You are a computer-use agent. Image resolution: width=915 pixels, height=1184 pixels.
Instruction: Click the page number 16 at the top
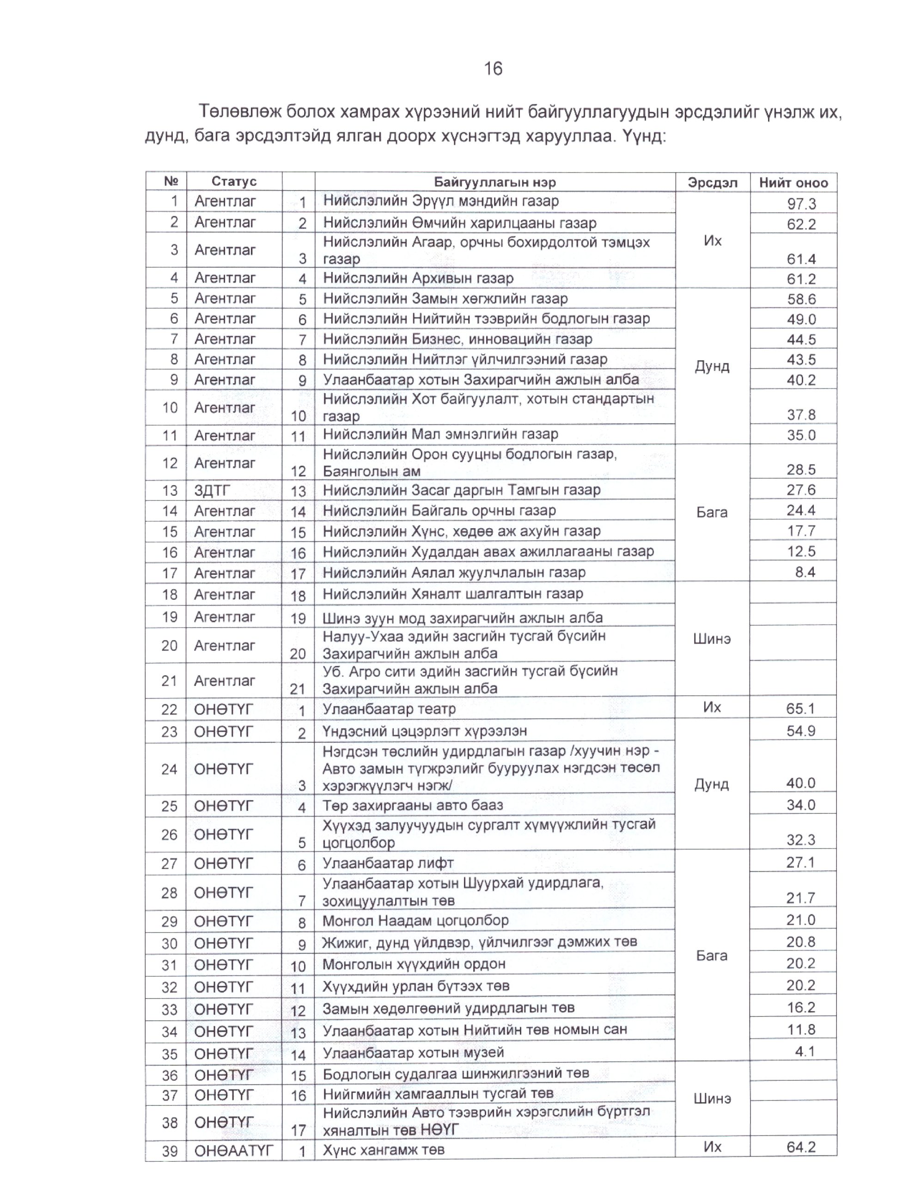click(493, 69)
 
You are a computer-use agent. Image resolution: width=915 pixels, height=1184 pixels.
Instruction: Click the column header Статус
click(234, 182)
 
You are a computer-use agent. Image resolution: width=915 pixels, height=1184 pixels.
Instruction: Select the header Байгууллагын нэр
click(494, 182)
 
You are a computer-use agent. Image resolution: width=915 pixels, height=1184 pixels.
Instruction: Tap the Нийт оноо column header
click(793, 183)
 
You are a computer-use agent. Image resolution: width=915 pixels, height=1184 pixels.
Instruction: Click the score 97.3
click(801, 204)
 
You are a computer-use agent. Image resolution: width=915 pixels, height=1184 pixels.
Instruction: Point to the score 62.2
click(801, 224)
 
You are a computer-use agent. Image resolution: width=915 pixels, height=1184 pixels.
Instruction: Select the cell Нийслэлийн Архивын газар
click(418, 278)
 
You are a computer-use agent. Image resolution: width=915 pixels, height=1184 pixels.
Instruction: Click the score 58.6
click(801, 299)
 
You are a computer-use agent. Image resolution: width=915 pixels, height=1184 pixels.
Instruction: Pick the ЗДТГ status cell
click(213, 491)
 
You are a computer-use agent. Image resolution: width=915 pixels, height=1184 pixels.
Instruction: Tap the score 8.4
click(805, 572)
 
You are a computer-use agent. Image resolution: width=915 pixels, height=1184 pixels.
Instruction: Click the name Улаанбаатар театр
click(389, 709)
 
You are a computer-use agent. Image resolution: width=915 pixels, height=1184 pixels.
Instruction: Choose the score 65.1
click(801, 709)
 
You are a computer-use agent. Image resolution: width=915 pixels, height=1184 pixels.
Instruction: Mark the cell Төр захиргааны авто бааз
click(413, 805)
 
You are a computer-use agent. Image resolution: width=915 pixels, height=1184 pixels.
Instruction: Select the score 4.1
click(805, 1052)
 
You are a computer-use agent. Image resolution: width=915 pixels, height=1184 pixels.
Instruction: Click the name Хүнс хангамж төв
click(384, 1150)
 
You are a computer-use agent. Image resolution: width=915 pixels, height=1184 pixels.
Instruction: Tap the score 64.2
click(801, 1147)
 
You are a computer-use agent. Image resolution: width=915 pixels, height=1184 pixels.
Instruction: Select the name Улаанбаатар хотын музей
click(413, 1053)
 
